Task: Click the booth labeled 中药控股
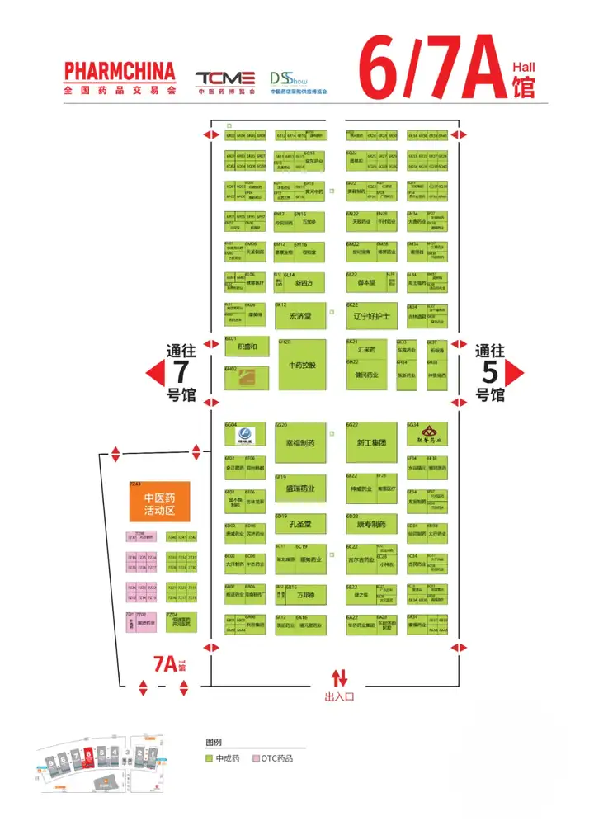pos(302,365)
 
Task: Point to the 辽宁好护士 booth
pos(370,316)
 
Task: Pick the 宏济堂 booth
pos(299,316)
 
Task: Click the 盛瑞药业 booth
pos(300,488)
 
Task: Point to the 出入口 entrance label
pos(339,697)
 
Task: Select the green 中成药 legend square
pos(210,757)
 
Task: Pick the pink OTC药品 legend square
pos(256,757)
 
